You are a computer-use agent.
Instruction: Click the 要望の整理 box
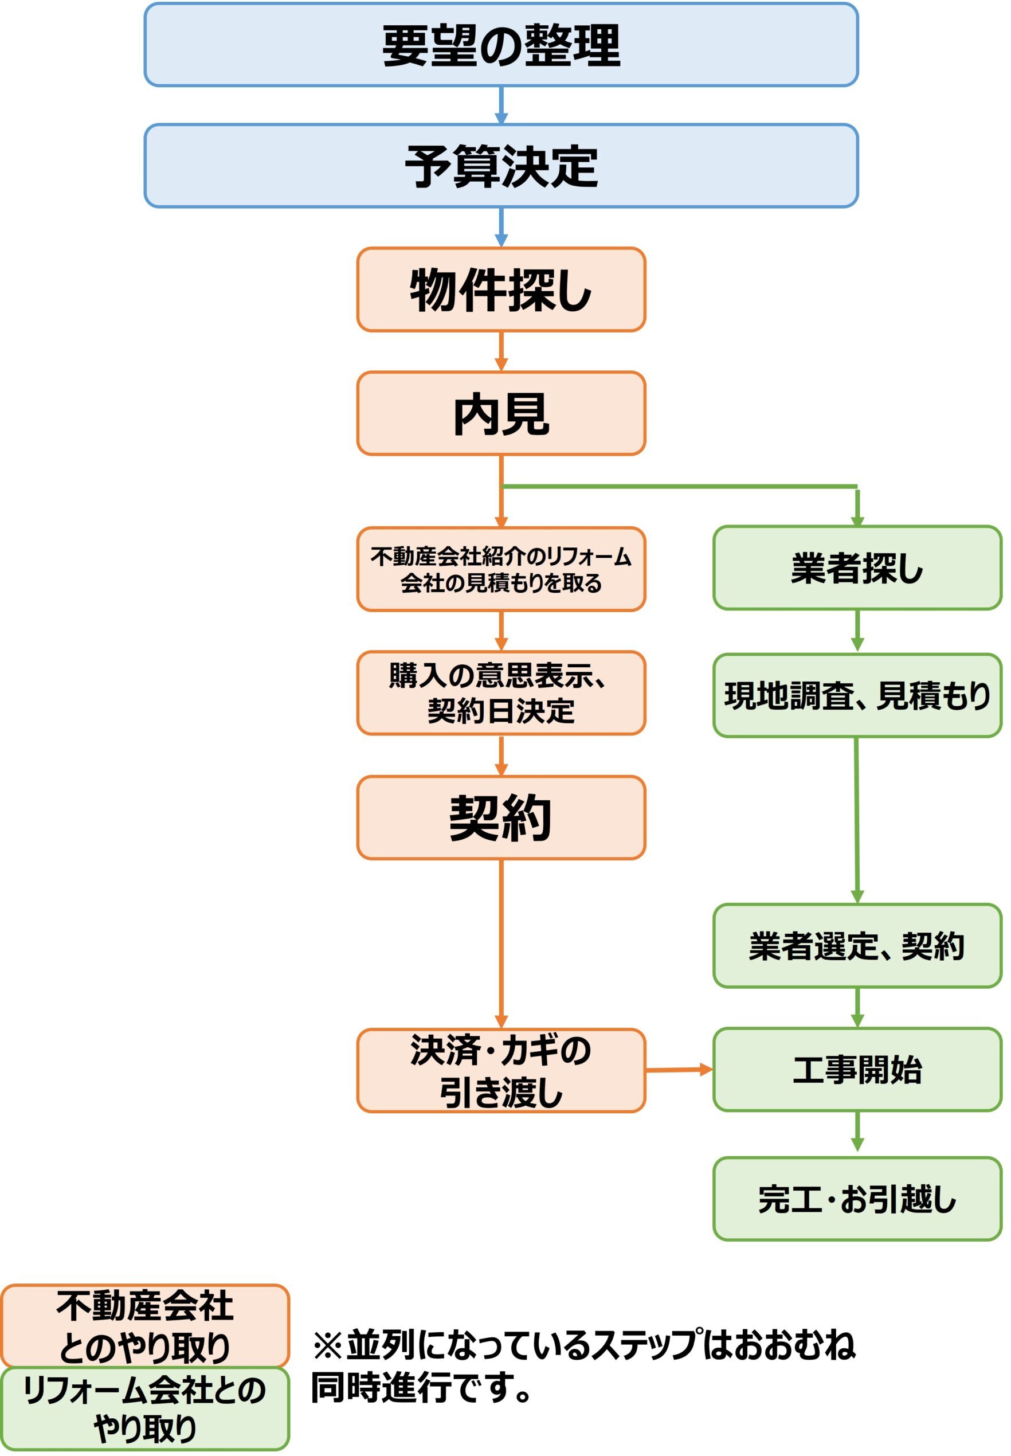coord(501,44)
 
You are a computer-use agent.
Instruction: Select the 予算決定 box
coord(501,165)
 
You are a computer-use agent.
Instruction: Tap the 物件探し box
coord(501,289)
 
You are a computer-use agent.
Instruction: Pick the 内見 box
coord(501,413)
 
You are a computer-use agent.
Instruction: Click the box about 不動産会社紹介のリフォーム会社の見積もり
coord(501,569)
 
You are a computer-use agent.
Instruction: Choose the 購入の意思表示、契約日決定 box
coord(501,692)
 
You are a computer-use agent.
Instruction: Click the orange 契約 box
coord(501,817)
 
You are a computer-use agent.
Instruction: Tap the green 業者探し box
coord(857,567)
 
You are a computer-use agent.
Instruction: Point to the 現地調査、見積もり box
coord(857,695)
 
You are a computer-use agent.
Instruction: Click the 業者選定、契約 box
coord(857,946)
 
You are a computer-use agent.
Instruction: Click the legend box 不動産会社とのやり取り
coord(145,1326)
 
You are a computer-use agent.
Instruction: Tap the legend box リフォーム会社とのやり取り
coord(145,1409)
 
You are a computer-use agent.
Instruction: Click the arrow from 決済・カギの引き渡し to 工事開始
coord(679,1070)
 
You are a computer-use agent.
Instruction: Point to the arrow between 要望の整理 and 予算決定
coord(501,105)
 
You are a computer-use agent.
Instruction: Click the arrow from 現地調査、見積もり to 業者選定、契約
coord(857,820)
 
